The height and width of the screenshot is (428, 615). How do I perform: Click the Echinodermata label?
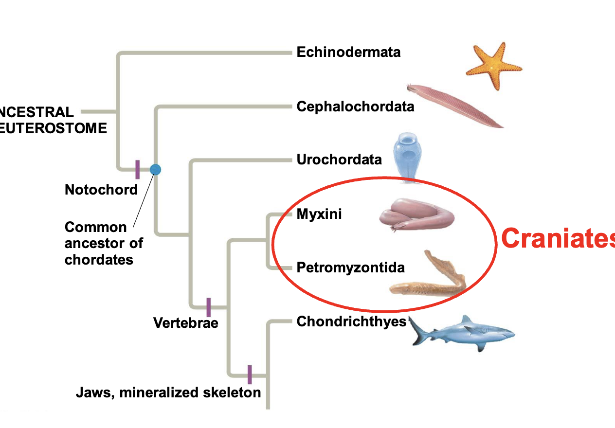click(348, 52)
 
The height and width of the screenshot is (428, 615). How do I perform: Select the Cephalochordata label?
click(355, 107)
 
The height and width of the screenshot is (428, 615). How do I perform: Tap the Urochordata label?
click(339, 160)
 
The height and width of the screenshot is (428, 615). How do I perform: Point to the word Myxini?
click(319, 214)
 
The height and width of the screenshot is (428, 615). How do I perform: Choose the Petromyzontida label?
click(350, 267)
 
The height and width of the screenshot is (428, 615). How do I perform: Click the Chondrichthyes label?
click(351, 321)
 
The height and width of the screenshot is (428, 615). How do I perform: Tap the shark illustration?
click(462, 333)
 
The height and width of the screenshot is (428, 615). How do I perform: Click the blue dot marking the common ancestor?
click(155, 169)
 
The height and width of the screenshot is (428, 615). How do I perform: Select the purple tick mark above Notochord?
click(138, 169)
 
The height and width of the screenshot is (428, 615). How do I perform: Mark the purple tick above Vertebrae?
click(209, 307)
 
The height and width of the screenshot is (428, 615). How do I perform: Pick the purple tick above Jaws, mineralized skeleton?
click(250, 374)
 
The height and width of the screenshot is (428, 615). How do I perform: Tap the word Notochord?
click(101, 190)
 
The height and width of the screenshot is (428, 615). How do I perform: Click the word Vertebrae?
click(185, 322)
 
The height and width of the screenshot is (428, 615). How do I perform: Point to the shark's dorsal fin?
click(467, 319)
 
